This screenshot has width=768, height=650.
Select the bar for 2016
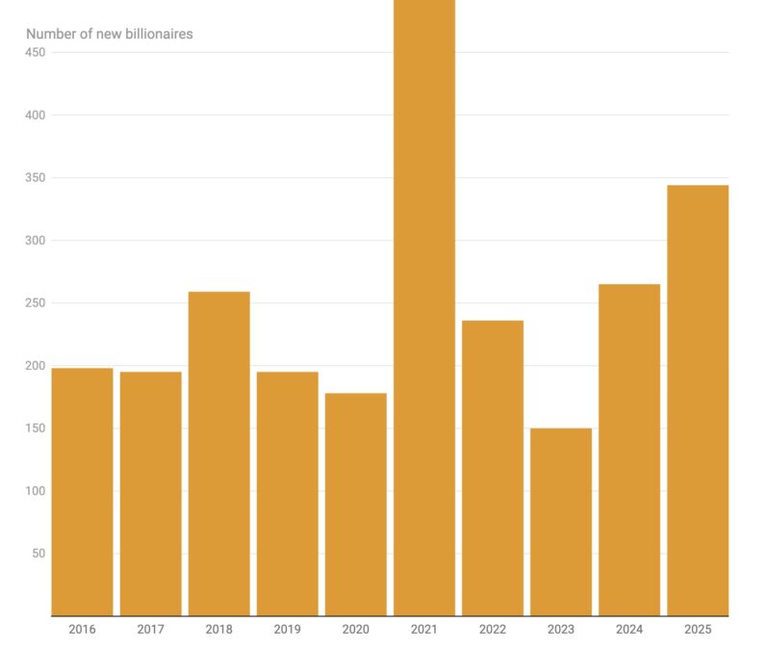point(82,491)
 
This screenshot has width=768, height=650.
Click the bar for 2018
point(218,453)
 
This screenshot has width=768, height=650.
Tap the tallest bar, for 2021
point(424,308)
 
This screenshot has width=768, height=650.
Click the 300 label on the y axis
point(35,241)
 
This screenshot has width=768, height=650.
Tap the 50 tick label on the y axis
point(38,554)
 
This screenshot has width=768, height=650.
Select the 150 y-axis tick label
point(35,429)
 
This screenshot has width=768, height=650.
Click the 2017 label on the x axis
point(150,630)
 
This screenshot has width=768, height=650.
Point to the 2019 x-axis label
point(287,630)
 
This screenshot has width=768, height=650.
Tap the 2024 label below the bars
point(629,630)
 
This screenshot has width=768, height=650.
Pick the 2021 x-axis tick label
point(424,630)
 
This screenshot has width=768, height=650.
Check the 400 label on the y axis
point(35,116)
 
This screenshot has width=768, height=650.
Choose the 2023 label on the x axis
point(561,630)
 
